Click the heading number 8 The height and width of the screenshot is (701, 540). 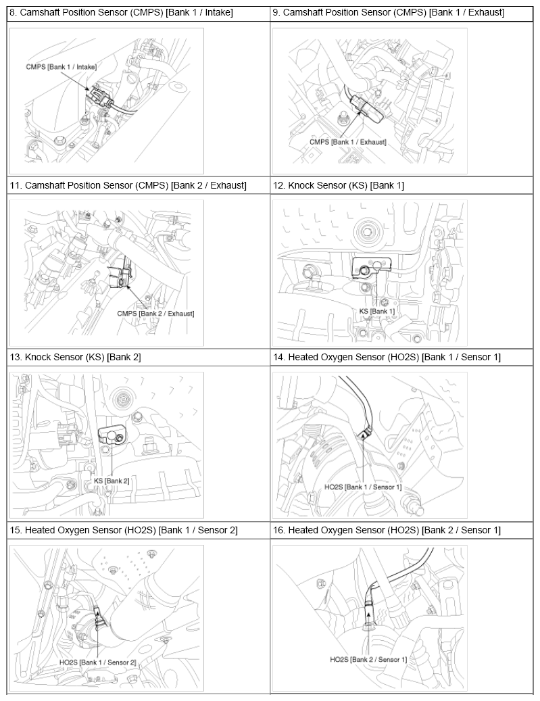click(x=14, y=13)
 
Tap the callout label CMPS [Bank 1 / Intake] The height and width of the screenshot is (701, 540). click(x=62, y=67)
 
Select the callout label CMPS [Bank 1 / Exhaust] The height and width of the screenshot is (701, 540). click(x=348, y=142)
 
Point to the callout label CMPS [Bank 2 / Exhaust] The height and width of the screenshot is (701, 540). click(x=155, y=314)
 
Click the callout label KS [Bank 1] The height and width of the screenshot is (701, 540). click(x=377, y=311)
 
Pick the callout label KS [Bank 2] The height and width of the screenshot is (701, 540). click(x=112, y=481)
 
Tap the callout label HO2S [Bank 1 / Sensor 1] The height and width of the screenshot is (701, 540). click(x=363, y=487)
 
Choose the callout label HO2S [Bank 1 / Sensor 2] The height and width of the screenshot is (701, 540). click(x=97, y=662)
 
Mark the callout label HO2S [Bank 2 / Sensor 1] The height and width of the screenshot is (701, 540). click(x=368, y=659)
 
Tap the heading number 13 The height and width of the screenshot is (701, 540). click(x=16, y=357)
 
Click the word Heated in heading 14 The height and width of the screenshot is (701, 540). click(x=303, y=357)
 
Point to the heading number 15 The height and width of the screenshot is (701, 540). click(x=16, y=530)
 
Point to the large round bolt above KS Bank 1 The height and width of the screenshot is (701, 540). click(x=368, y=232)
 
